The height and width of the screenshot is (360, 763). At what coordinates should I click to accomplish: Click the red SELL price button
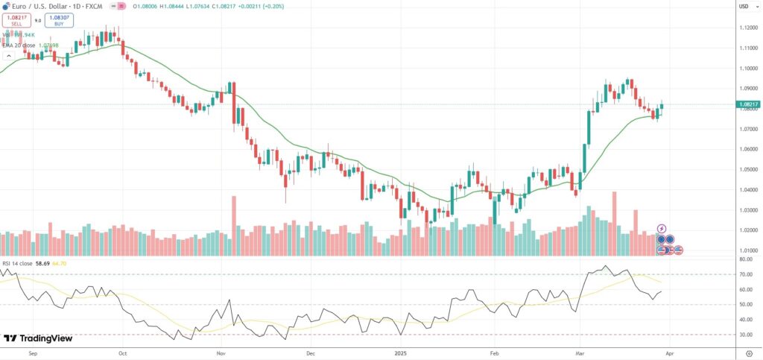tap(15, 21)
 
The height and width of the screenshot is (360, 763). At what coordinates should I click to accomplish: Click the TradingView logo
tap(38, 338)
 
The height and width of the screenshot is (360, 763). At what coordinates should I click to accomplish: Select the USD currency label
tap(743, 7)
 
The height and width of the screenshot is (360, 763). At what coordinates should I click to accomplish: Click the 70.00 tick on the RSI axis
tap(745, 274)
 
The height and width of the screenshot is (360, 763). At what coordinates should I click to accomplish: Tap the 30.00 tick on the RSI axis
tap(745, 335)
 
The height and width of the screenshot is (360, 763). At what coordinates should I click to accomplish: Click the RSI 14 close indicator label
tap(18, 264)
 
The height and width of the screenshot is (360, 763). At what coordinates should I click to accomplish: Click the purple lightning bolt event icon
tap(661, 228)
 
